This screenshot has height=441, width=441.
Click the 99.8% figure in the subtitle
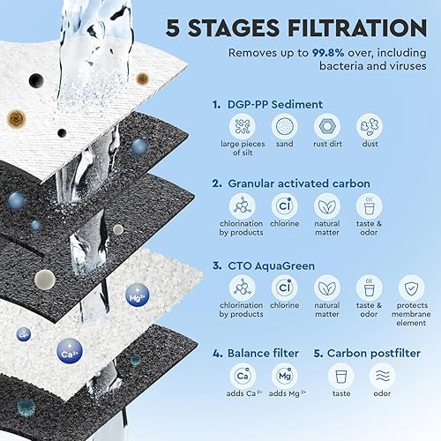tap(328, 53)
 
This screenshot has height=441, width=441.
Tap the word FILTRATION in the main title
tap(357, 28)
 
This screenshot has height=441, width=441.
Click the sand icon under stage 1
tap(284, 126)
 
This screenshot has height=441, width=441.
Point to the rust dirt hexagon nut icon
tap(327, 126)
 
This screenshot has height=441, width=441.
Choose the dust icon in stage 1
tap(370, 126)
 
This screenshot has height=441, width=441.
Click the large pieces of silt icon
tap(243, 126)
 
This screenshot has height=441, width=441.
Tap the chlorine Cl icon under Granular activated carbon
tap(284, 206)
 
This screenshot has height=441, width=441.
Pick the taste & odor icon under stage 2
tap(369, 206)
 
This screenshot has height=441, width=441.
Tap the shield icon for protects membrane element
tap(411, 288)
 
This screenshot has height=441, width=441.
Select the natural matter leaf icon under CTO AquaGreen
tap(327, 288)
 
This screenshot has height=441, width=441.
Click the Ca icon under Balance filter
tap(243, 376)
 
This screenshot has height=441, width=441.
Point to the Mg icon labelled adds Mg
tap(285, 376)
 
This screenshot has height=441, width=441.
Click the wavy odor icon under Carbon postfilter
tap(382, 376)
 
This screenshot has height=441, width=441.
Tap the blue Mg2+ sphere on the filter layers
tap(137, 295)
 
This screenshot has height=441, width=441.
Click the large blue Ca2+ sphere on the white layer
tap(70, 351)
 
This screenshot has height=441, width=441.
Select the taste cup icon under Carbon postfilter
tap(340, 376)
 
